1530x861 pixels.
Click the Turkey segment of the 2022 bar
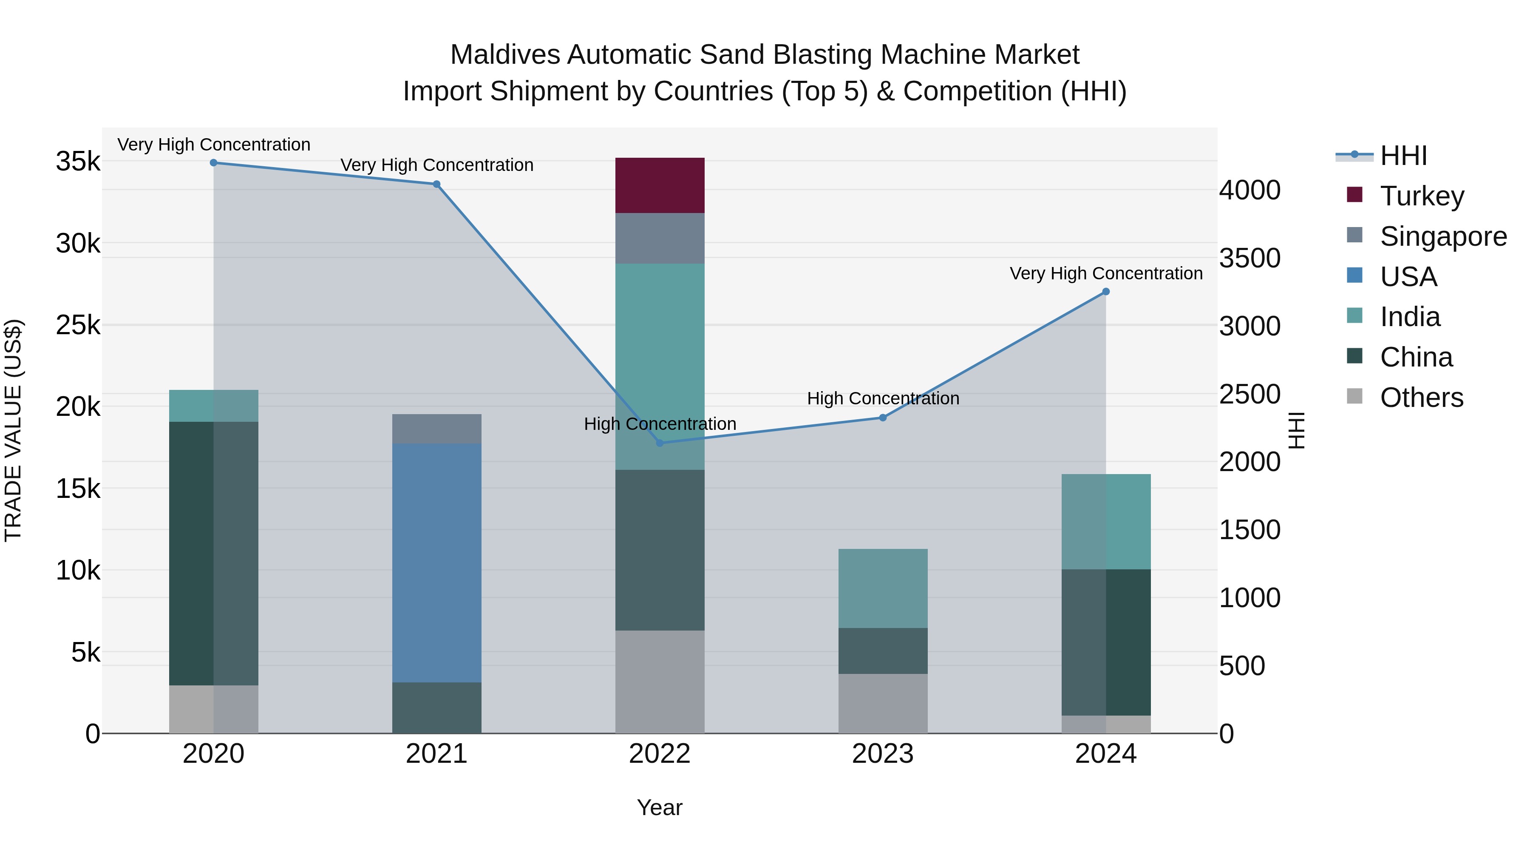[x=659, y=185]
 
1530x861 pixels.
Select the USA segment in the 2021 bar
[x=436, y=563]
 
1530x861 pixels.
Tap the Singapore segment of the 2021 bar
[x=436, y=429]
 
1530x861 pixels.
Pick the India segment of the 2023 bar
[x=883, y=588]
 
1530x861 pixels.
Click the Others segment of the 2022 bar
[x=659, y=682]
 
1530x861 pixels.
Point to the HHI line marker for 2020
[x=214, y=163]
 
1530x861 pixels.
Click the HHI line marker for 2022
[x=659, y=443]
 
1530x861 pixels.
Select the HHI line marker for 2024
[x=1105, y=292]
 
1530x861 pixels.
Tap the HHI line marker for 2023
[x=883, y=418]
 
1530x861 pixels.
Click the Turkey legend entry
[x=1422, y=196]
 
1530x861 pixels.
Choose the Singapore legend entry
[x=1443, y=236]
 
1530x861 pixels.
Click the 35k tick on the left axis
[x=78, y=162]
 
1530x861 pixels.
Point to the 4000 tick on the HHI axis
[x=1249, y=190]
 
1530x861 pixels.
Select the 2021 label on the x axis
[x=436, y=754]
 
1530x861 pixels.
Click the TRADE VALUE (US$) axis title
[x=13, y=430]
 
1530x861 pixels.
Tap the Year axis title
[x=659, y=807]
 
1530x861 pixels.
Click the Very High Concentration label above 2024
[x=1106, y=273]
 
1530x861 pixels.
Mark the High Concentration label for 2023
[x=883, y=398]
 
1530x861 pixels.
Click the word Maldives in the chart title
[x=505, y=55]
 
